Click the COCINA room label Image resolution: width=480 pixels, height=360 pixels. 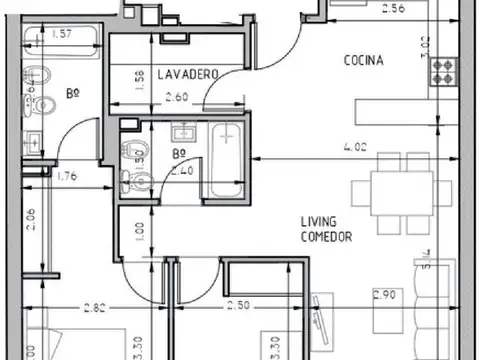click(363, 60)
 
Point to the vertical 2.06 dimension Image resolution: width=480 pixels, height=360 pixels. click(31, 221)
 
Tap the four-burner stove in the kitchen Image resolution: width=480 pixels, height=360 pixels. click(441, 71)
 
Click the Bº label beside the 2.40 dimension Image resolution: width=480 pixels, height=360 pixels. click(180, 155)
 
